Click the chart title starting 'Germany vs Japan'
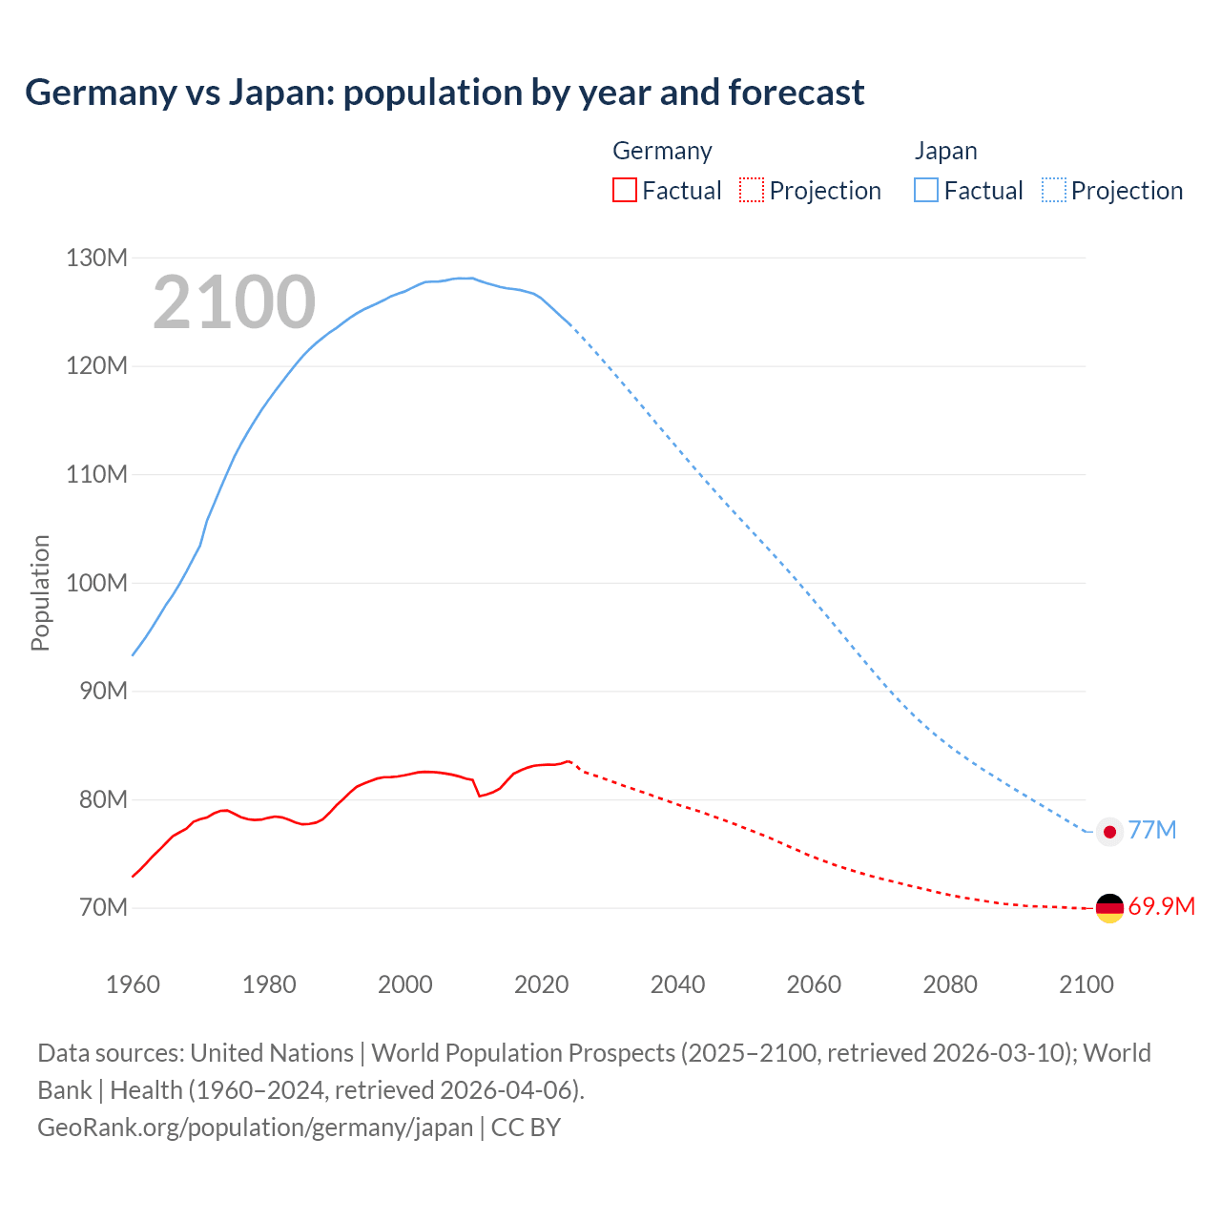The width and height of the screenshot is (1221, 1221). pos(445,93)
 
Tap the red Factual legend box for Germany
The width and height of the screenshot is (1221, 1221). pos(624,190)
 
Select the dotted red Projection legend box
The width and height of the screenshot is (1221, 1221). pos(752,190)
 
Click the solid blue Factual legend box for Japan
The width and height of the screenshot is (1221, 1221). pos(925,190)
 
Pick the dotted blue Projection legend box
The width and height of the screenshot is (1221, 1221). pos(1054,190)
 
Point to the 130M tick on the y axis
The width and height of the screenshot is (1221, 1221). pos(96,258)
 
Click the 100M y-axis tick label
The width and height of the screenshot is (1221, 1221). pos(96,583)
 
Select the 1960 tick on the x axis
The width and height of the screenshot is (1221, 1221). pos(133,984)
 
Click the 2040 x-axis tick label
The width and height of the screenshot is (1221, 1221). pos(677,984)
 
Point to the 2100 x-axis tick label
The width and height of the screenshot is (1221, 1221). pos(1086,984)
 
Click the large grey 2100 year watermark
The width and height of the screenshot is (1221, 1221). pos(234,302)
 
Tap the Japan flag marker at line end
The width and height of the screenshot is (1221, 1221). pos(1109,832)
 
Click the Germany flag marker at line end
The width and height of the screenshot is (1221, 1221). pos(1109,908)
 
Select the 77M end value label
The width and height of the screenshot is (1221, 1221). pos(1152,830)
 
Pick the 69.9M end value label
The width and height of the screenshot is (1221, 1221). pos(1161,906)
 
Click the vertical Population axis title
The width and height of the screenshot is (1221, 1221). pos(40,592)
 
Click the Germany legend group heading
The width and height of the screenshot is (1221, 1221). pos(662,151)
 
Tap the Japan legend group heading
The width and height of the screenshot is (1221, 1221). pos(945,151)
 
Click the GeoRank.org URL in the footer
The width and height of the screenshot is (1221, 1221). pos(255,1128)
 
